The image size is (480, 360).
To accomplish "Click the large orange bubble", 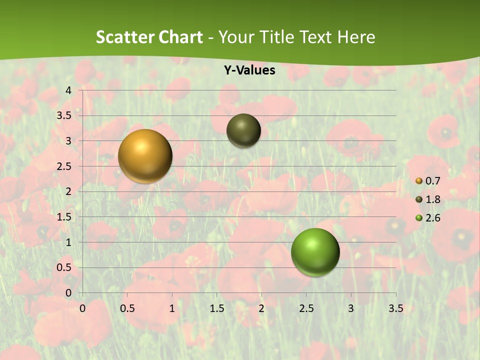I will click(x=145, y=156).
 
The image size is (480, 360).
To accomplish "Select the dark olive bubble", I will click(x=243, y=130).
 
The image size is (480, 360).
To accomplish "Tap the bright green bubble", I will click(x=315, y=252).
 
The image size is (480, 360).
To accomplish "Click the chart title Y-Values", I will click(x=249, y=70).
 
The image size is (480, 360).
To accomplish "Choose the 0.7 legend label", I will click(x=432, y=181).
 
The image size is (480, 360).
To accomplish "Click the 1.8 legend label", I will click(x=432, y=199).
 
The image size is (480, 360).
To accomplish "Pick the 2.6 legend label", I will click(x=432, y=218).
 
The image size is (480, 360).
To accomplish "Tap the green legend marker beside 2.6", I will click(x=419, y=218).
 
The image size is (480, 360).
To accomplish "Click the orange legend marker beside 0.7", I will click(x=419, y=181).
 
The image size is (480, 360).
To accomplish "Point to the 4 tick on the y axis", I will click(x=68, y=90).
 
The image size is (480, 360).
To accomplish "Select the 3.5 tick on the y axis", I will click(x=64, y=115).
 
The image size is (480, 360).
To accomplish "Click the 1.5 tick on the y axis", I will click(x=64, y=217).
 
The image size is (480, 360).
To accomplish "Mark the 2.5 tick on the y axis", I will click(x=64, y=166).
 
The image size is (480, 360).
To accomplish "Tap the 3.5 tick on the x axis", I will click(x=395, y=308).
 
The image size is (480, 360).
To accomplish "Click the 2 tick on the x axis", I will click(x=261, y=308).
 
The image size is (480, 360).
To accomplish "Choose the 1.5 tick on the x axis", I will click(x=216, y=308).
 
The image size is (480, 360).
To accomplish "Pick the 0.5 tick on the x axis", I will click(x=127, y=308).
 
